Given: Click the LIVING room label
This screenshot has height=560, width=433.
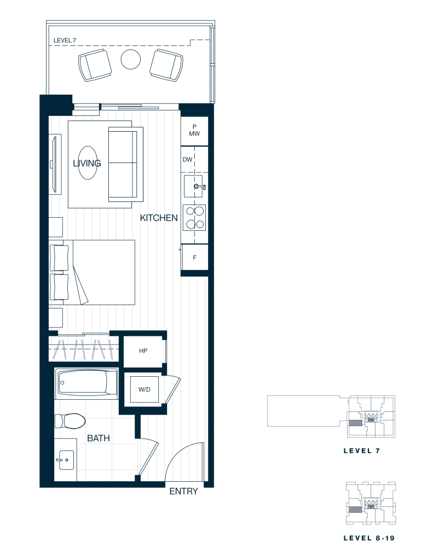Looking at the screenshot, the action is click(x=87, y=163).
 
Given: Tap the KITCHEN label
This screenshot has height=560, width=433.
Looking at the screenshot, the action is click(x=159, y=218).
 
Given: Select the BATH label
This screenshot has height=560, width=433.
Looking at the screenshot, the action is click(x=99, y=438).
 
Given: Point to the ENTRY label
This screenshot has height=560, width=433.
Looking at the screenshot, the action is click(x=183, y=492).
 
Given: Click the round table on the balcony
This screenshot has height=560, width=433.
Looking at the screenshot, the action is click(x=130, y=59).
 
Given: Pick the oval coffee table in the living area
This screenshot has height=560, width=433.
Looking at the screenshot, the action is click(x=87, y=163).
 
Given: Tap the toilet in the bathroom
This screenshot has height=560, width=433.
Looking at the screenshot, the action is click(x=70, y=421).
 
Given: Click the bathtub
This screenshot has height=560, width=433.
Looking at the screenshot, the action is click(x=86, y=383).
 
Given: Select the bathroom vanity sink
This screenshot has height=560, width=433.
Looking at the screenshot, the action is click(x=65, y=460).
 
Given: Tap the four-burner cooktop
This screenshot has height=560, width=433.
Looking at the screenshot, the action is click(x=194, y=217).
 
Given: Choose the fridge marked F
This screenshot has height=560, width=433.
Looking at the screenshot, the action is click(x=194, y=257).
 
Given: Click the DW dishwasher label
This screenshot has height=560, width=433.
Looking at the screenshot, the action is click(x=187, y=160).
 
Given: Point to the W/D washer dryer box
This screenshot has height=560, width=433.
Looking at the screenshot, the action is click(x=145, y=389).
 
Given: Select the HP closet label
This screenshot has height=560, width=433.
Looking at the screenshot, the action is click(x=143, y=351).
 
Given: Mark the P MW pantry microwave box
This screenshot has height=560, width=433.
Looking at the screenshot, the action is click(x=194, y=130).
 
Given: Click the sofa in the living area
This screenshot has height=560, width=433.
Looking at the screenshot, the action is click(x=126, y=164).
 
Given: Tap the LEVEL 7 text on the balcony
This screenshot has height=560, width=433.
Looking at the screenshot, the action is click(x=65, y=40).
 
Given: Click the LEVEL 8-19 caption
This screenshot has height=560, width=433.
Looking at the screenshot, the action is click(x=369, y=538).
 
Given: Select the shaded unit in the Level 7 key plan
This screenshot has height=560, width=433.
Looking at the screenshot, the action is click(x=355, y=423).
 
